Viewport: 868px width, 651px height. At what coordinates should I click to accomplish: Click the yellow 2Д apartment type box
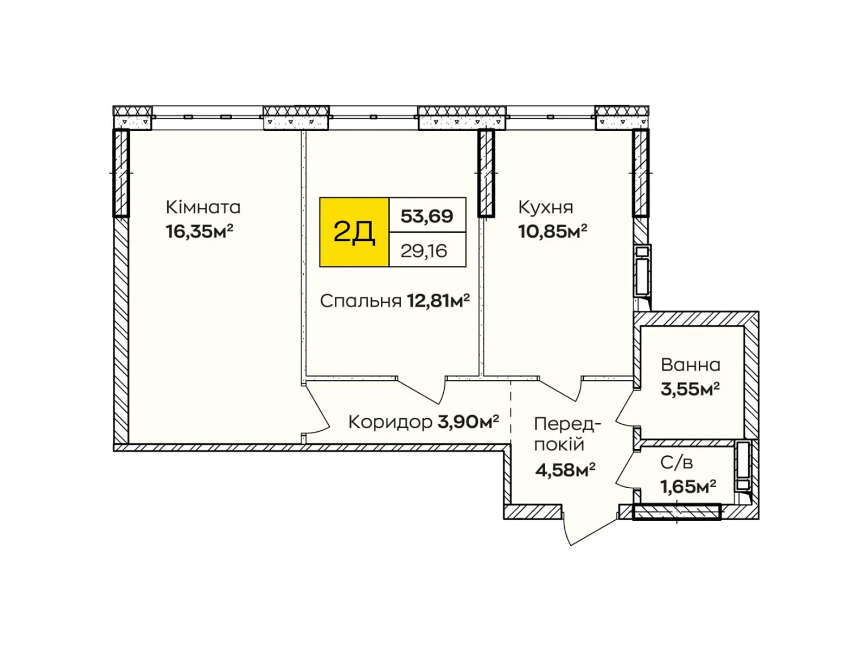tap(354, 232)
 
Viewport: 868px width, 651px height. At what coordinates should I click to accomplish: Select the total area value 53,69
tap(427, 216)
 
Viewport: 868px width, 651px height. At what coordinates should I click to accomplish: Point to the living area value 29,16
tap(424, 251)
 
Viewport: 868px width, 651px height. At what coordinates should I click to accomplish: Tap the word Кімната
tap(203, 207)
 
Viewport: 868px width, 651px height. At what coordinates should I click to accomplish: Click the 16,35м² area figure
tap(199, 232)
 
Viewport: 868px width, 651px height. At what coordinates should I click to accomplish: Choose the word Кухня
tap(546, 207)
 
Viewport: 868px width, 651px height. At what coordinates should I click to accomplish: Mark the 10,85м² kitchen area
tap(552, 232)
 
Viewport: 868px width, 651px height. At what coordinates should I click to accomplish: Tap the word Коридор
tap(390, 423)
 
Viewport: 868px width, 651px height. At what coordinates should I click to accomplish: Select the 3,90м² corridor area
tap(468, 422)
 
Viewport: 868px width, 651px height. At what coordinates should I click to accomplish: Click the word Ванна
tap(691, 365)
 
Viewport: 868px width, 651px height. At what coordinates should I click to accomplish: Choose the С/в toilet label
tap(676, 463)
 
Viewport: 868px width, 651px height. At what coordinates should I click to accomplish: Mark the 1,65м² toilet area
tap(688, 487)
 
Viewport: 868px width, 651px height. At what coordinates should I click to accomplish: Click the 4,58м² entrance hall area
tap(565, 470)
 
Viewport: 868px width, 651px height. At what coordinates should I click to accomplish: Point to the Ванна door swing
tap(627, 407)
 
